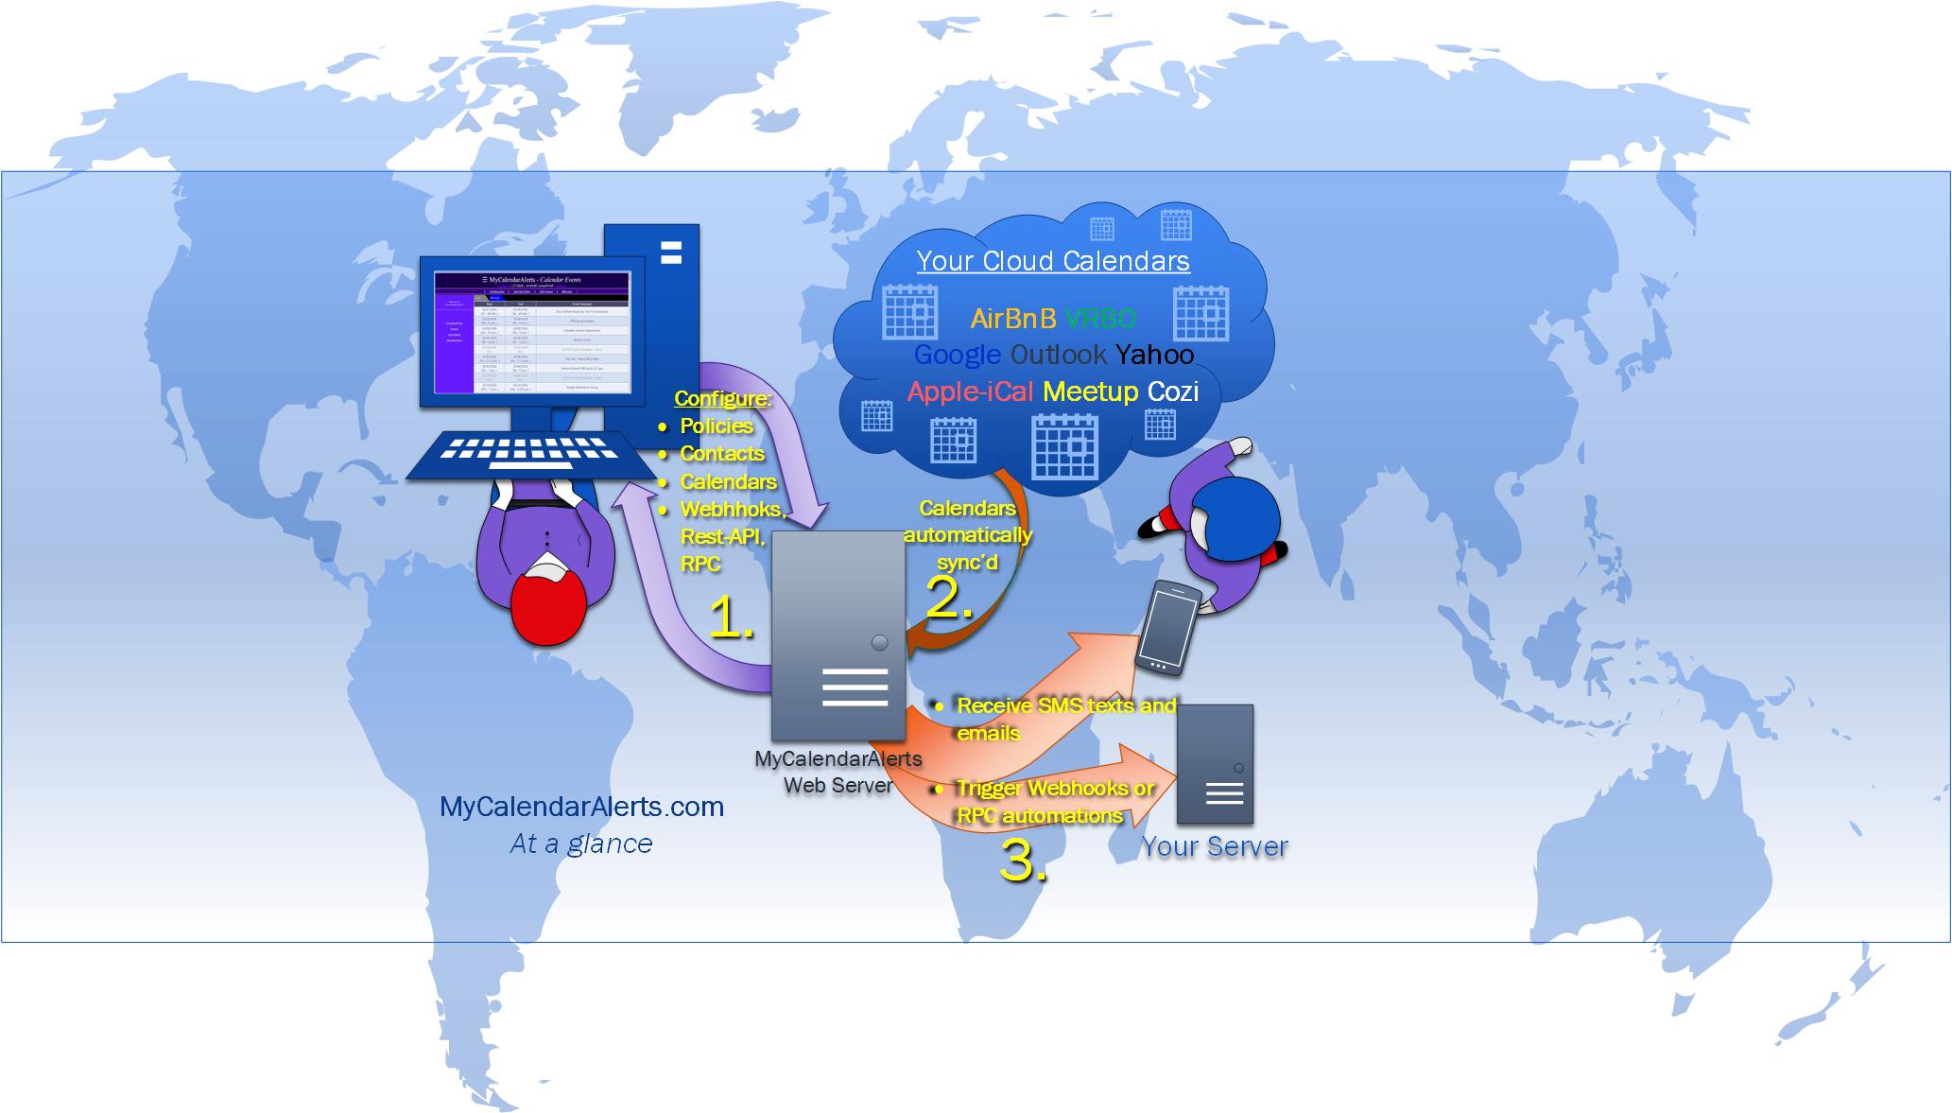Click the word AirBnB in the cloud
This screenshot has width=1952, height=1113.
pos(1012,319)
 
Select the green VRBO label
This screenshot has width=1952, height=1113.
pos(1100,319)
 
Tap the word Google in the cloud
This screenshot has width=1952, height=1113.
pos(957,355)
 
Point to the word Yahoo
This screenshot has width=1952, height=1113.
pos(1154,355)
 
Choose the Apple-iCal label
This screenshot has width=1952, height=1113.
pos(970,391)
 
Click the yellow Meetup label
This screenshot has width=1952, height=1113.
pos(1090,391)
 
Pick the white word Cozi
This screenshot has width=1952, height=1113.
pos(1172,391)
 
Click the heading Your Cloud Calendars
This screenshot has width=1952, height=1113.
pos(1053,261)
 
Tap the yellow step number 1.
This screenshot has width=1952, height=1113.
pos(731,618)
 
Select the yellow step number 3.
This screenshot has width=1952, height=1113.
pos(1023,861)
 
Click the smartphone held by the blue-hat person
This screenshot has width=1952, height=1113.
pos(1167,628)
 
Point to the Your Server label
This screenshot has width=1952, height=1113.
pos(1215,846)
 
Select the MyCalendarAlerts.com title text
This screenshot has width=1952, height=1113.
pos(581,807)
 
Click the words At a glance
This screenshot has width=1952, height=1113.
pos(581,843)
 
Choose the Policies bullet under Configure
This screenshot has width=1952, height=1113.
pos(716,426)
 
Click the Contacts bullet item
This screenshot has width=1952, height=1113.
pos(721,454)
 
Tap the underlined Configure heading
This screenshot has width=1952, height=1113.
pos(721,398)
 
